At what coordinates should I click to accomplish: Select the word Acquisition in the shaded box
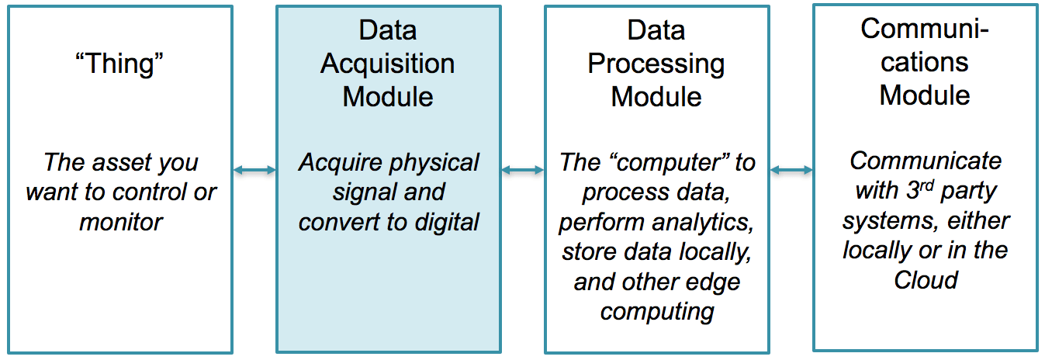[387, 63]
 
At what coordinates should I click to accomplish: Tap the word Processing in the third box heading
[656, 63]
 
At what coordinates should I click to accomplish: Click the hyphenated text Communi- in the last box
[925, 29]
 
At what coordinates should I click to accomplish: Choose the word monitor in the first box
[120, 222]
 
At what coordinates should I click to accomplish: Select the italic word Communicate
[925, 161]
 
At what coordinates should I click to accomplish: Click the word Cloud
[925, 279]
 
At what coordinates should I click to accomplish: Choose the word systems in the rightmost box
[881, 220]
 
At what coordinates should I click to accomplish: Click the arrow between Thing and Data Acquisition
[254, 170]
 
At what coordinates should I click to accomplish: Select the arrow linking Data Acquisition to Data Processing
[522, 170]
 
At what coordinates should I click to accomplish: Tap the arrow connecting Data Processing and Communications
[791, 170]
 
